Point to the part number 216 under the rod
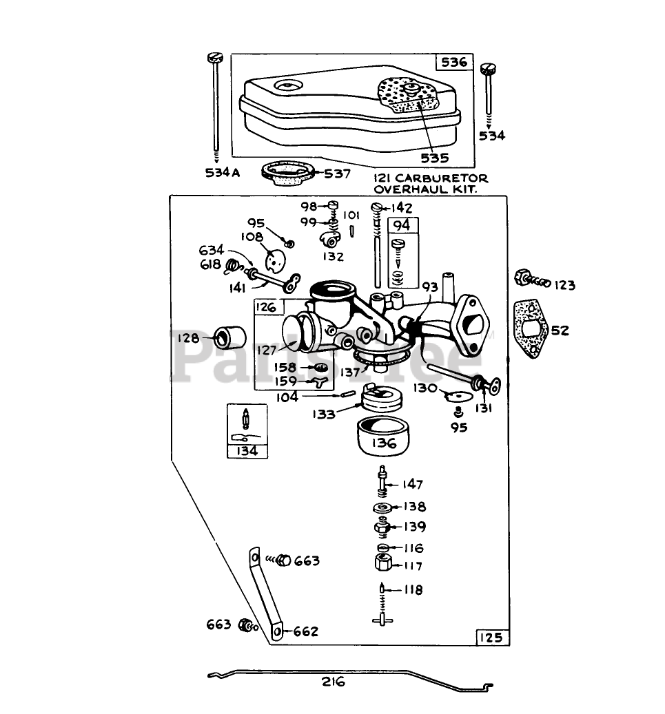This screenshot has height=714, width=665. click(x=333, y=682)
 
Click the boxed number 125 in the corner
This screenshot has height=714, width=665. click(x=492, y=638)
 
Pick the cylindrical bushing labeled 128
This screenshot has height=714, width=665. click(x=230, y=338)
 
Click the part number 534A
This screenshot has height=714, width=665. click(x=222, y=173)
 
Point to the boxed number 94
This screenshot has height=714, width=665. click(x=401, y=225)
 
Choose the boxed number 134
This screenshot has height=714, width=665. click(x=247, y=451)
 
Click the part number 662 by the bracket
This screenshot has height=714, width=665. click(x=306, y=631)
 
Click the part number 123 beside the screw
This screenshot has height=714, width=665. click(x=564, y=285)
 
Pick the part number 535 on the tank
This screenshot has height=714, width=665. click(x=435, y=158)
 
